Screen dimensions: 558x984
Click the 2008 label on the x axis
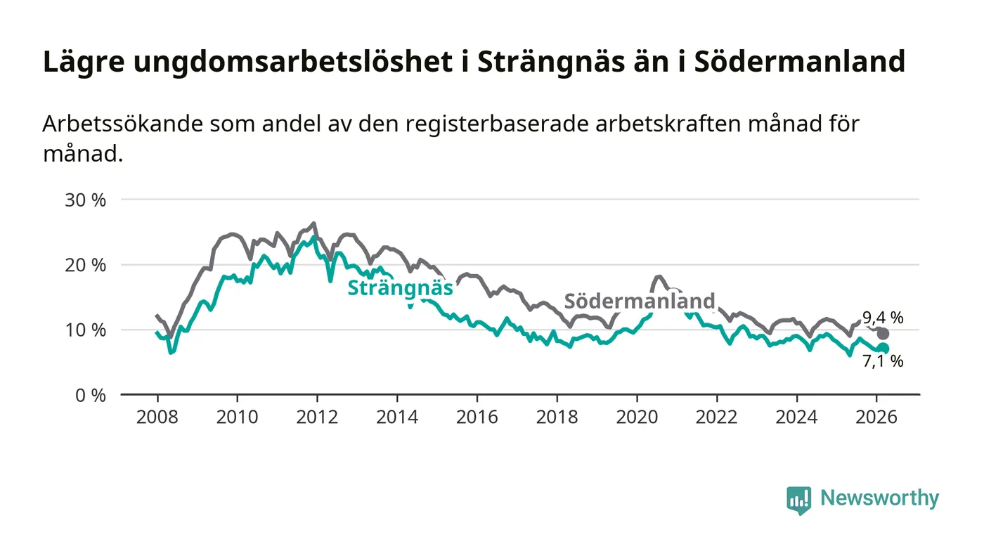pyautogui.click(x=157, y=417)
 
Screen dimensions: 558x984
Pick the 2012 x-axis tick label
pyautogui.click(x=317, y=417)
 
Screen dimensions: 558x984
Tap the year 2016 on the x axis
pyautogui.click(x=477, y=417)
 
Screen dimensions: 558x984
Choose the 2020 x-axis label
pyautogui.click(x=637, y=417)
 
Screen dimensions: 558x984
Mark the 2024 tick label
pyautogui.click(x=796, y=417)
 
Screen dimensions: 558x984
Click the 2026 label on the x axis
pyautogui.click(x=876, y=417)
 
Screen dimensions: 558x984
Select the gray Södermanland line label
pyautogui.click(x=640, y=301)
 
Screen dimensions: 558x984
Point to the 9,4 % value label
pyautogui.click(x=883, y=318)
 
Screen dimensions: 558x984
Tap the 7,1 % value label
pyautogui.click(x=883, y=362)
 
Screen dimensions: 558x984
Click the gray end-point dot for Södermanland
pyautogui.click(x=883, y=334)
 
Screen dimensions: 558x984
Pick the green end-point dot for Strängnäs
pyautogui.click(x=883, y=349)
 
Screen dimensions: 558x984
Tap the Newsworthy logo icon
pyautogui.click(x=798, y=500)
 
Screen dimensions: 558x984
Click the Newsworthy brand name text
pyautogui.click(x=879, y=498)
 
